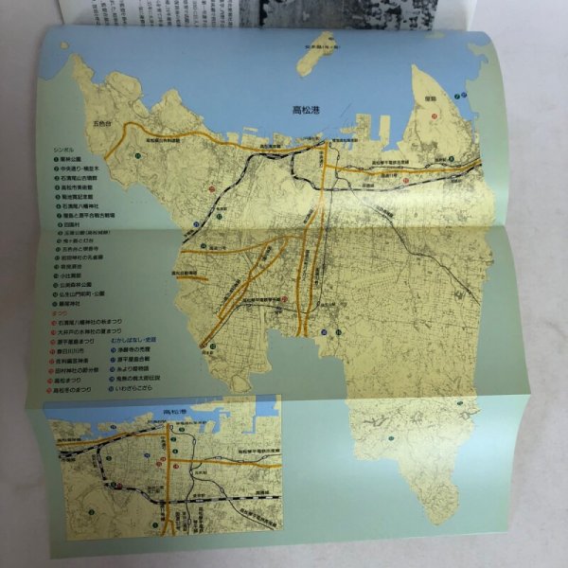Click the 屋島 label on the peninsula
429,97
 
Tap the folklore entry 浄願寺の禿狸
134,350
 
